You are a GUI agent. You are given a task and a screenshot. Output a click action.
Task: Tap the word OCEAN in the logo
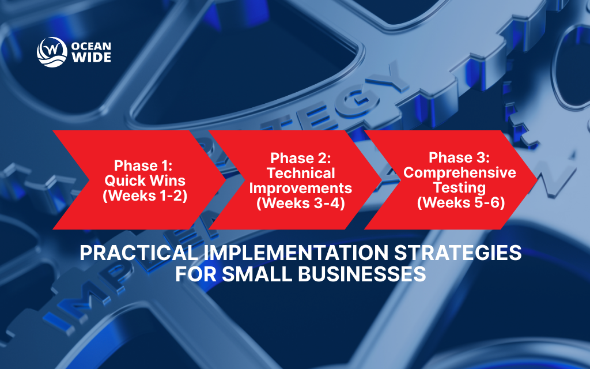point(88,44)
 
